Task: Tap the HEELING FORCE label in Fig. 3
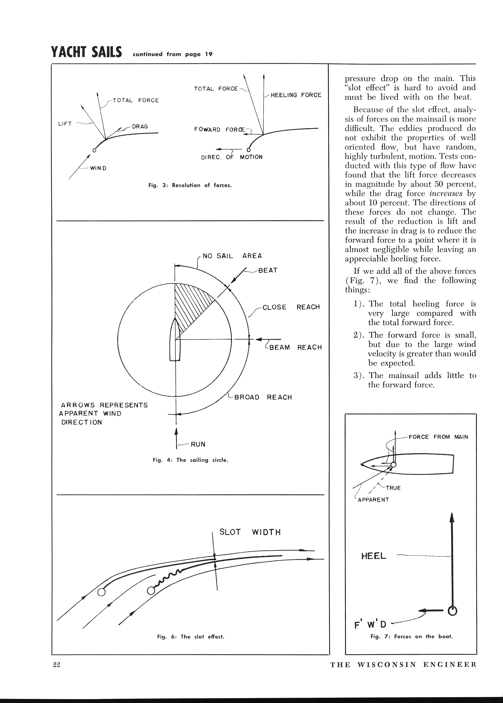point(296,95)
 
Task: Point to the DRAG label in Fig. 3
point(140,127)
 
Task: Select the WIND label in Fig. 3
point(98,168)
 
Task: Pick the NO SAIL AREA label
point(232,256)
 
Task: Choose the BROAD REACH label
point(263,397)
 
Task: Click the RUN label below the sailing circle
point(198,444)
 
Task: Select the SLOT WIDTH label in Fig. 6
point(250,532)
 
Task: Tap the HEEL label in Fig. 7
point(373,556)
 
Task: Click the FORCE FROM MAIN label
point(438,437)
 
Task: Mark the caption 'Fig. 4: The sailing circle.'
point(190,460)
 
